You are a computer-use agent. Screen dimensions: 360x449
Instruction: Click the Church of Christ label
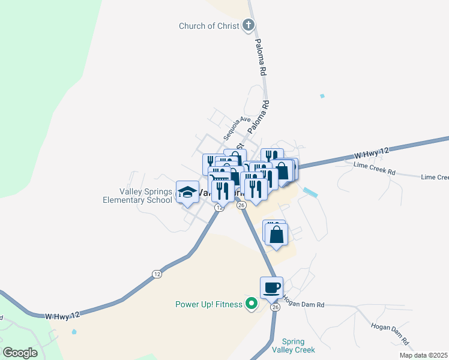209,26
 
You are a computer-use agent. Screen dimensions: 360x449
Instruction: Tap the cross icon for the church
249,25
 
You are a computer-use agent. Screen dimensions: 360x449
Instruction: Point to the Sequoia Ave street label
237,128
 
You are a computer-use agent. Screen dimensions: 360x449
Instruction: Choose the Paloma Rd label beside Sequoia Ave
259,116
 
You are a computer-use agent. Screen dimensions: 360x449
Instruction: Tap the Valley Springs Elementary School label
146,196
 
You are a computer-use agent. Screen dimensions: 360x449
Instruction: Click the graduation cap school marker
187,193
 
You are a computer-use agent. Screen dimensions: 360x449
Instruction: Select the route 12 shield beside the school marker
219,208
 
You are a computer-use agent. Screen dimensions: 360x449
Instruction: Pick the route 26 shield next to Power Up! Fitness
275,307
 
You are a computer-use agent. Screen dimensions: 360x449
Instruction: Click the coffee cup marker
271,287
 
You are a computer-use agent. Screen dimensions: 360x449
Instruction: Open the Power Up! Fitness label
208,304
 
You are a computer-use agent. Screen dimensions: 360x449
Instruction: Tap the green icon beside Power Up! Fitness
252,304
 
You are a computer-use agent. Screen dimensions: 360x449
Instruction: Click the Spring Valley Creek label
293,346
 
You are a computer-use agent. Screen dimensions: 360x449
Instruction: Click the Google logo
20,353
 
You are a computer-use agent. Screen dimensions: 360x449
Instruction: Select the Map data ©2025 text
423,355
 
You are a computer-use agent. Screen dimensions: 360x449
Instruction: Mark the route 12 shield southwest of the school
157,274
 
